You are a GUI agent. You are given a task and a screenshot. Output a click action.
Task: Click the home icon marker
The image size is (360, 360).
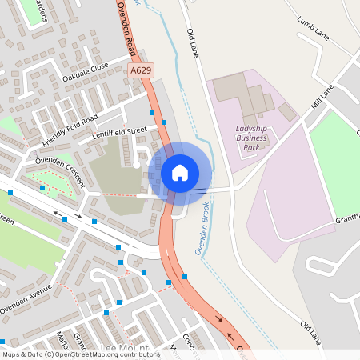point(180,173)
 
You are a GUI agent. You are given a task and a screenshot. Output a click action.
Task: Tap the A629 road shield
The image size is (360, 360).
point(141,71)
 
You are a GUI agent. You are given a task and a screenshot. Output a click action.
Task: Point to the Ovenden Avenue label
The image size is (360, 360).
point(26,298)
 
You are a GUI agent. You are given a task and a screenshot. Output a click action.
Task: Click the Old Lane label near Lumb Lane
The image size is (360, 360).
point(192,43)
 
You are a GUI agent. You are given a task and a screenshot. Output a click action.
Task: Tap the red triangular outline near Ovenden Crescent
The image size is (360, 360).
point(46,185)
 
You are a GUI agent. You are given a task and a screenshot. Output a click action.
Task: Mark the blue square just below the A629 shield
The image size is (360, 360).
point(152,114)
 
